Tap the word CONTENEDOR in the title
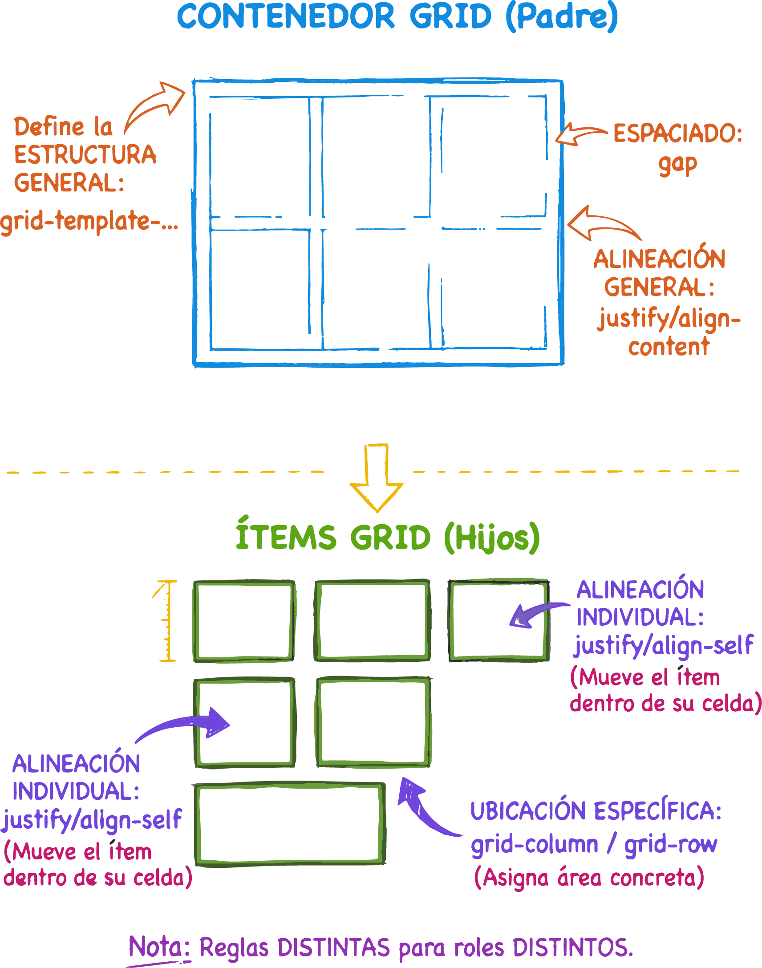285,16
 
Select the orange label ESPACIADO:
678,134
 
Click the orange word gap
677,164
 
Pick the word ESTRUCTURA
85,155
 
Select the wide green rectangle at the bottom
290,823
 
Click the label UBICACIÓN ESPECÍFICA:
596,810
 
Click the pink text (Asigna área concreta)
589,878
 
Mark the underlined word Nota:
160,947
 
